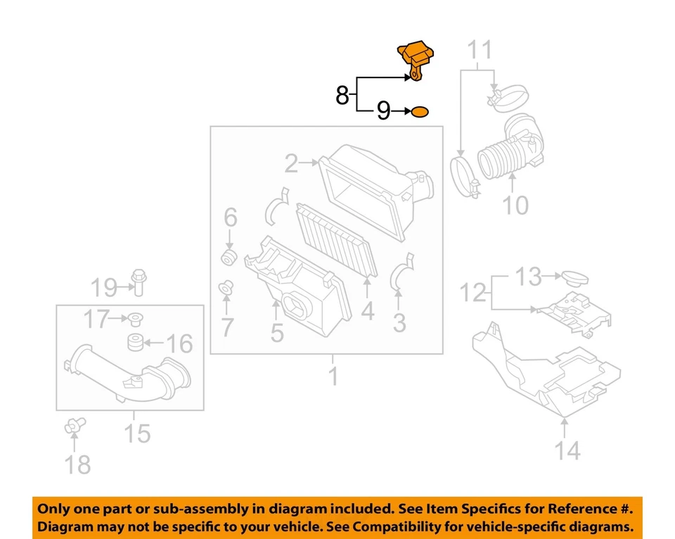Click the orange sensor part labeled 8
tap(418, 60)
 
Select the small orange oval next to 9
tap(420, 111)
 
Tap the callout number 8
tap(342, 94)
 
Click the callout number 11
tap(481, 51)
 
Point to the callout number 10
tap(515, 205)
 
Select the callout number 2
tap(291, 165)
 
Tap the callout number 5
tap(277, 332)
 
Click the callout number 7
tap(226, 327)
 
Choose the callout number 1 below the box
tap(333, 376)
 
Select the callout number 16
tap(179, 343)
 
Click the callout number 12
tap(474, 291)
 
